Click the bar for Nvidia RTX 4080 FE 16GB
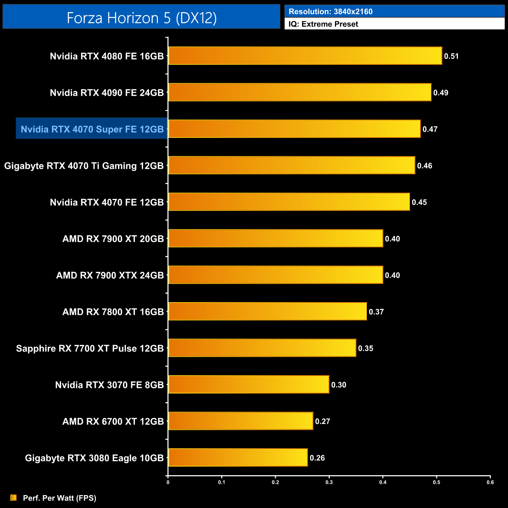tap(305, 56)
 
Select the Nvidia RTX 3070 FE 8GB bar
tap(249, 385)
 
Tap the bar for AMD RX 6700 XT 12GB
tap(240, 421)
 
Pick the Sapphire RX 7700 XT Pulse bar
tap(262, 348)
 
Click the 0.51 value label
tap(451, 56)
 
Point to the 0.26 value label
tap(317, 458)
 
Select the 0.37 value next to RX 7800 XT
tap(376, 312)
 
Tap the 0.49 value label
tap(441, 93)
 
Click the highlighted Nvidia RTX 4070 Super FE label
tap(92, 129)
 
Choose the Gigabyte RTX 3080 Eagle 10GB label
tap(94, 458)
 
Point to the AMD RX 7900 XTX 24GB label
tap(110, 275)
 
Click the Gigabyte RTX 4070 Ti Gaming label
tap(84, 166)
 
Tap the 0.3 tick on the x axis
tap(329, 482)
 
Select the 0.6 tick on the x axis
tap(490, 482)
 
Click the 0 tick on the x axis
tap(168, 482)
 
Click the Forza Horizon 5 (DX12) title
tap(141, 18)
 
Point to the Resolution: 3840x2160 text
tap(331, 12)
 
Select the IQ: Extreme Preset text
tap(323, 24)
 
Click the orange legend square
tap(14, 497)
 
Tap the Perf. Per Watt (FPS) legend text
tap(59, 498)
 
